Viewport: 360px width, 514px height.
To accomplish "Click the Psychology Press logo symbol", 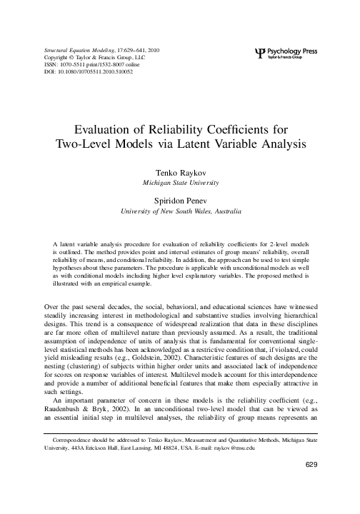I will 259,52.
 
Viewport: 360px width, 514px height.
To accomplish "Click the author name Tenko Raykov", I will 180,173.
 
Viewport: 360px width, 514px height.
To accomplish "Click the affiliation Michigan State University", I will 180,183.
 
